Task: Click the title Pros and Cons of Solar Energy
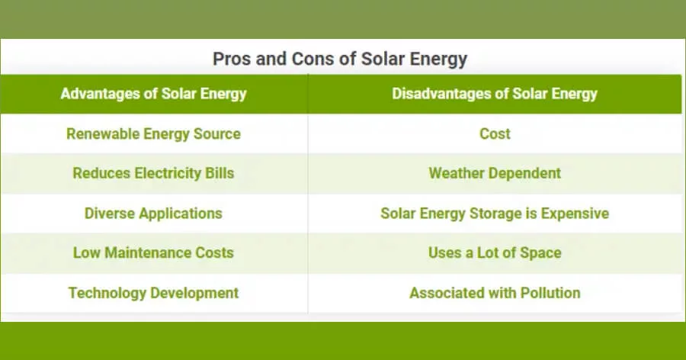point(340,59)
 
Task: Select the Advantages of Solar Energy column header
point(153,94)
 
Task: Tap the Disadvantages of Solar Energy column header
point(495,94)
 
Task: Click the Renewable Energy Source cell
point(153,133)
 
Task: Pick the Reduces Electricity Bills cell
point(153,173)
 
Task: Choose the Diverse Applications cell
point(153,214)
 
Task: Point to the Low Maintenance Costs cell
point(153,252)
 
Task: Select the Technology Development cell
point(153,293)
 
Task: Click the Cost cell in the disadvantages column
point(495,133)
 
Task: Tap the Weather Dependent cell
point(495,173)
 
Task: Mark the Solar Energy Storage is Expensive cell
point(495,214)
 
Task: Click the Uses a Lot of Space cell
point(495,252)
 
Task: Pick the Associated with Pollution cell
point(495,293)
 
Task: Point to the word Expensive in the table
point(575,214)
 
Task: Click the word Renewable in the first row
point(103,133)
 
